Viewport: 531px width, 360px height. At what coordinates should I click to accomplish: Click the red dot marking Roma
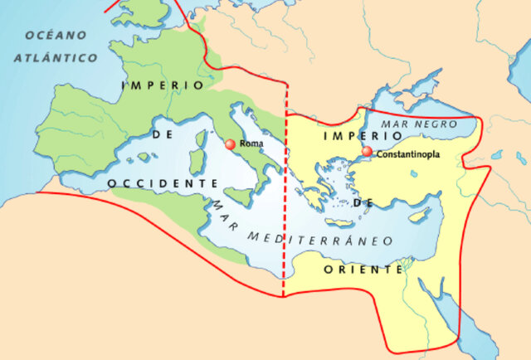click(230, 144)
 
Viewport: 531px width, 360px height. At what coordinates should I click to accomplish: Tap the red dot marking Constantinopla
click(367, 153)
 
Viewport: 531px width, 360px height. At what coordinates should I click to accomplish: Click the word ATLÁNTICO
click(56, 58)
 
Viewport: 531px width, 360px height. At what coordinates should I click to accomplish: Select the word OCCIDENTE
click(158, 182)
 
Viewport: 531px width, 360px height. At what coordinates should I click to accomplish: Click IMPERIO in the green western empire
click(161, 85)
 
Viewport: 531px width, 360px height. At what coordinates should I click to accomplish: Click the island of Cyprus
click(420, 215)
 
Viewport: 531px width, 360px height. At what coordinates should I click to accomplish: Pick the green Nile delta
click(404, 267)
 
